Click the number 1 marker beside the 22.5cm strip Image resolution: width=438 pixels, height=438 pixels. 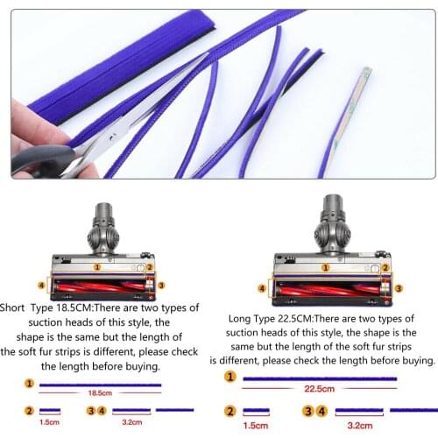230,377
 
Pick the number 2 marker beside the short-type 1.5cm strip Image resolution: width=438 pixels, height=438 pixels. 28,410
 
